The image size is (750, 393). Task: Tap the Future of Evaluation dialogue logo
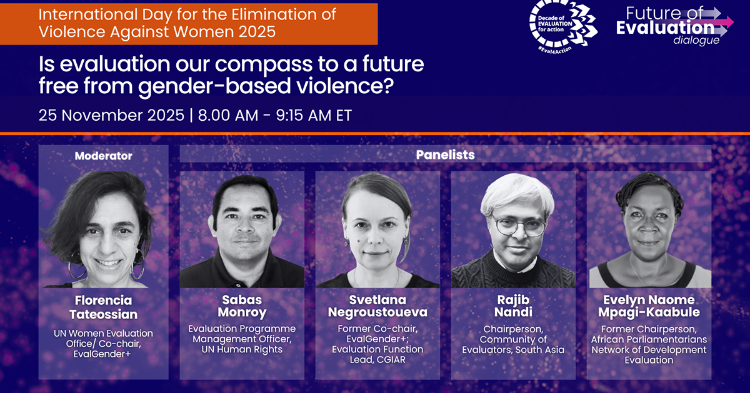pos(674,26)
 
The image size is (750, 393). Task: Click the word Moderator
pos(104,156)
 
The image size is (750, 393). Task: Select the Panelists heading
pos(445,155)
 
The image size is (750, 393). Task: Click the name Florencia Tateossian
pos(104,307)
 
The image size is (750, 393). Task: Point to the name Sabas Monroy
pos(242,306)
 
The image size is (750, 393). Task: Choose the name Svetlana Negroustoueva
pos(377,306)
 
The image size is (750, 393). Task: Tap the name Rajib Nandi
pos(513,306)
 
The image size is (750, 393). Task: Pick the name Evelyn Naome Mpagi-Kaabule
pos(649,306)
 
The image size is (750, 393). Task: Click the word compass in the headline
pos(264,64)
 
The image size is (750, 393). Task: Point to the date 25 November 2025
pos(111,115)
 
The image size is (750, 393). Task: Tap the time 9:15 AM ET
pos(314,115)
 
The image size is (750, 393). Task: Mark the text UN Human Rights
pos(242,349)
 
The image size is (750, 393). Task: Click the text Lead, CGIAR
pos(377,360)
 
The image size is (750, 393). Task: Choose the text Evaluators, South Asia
pos(513,350)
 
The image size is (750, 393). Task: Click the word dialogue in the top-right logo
pos(696,40)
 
